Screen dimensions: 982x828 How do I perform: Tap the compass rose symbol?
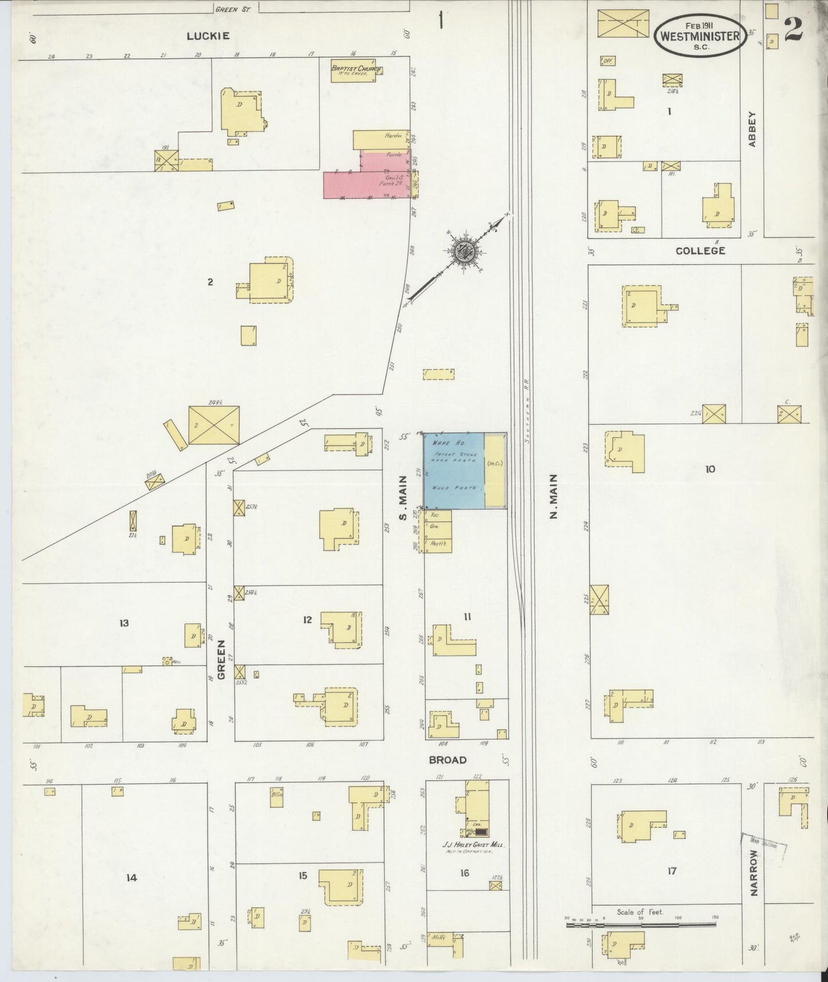(x=462, y=251)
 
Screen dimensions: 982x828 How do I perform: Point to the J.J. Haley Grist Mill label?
(x=469, y=844)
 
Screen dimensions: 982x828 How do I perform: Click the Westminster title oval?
(x=700, y=36)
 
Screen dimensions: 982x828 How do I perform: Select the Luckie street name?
(x=208, y=36)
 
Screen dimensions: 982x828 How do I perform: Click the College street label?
(x=700, y=251)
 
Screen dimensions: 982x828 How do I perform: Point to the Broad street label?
(x=448, y=760)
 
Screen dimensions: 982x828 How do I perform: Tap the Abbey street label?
(x=752, y=128)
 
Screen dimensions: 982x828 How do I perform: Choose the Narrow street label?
(x=754, y=881)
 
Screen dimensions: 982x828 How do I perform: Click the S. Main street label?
(x=403, y=498)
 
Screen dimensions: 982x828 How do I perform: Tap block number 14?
(x=132, y=877)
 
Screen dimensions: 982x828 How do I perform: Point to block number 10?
(x=710, y=469)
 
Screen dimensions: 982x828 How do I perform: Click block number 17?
(x=672, y=871)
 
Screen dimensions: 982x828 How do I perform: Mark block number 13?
(x=124, y=623)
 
